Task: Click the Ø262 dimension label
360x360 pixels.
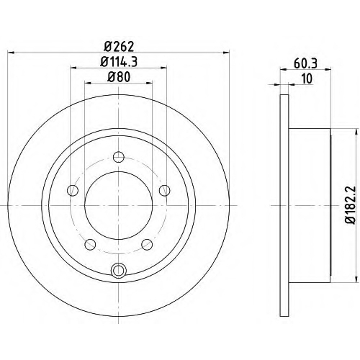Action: click(x=119, y=46)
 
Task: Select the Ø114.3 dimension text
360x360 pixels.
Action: click(x=119, y=62)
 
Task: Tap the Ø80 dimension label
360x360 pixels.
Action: click(x=119, y=77)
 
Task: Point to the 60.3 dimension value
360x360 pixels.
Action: click(x=305, y=63)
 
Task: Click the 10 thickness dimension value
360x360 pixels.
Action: click(x=307, y=78)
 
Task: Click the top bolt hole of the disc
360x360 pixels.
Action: click(x=119, y=157)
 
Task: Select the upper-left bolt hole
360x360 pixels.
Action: click(x=73, y=191)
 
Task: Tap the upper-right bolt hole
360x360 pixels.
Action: click(x=165, y=191)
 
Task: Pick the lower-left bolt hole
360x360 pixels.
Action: click(x=90, y=244)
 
